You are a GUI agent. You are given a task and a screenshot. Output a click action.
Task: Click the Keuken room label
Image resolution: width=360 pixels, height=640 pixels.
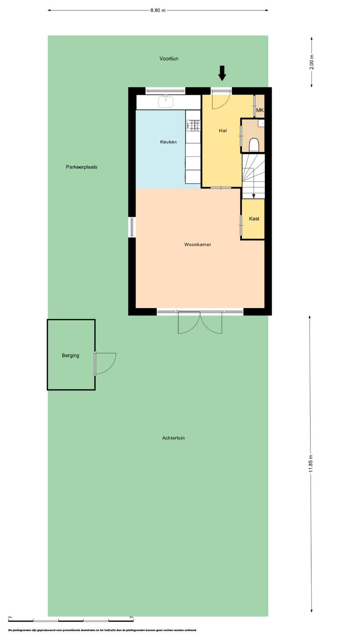(168, 142)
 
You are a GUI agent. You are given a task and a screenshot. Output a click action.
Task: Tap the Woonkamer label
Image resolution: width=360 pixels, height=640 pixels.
(198, 244)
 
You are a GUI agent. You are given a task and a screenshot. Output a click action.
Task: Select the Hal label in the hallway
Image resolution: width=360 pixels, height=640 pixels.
(222, 130)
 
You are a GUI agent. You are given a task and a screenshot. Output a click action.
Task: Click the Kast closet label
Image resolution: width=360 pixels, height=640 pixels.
(254, 218)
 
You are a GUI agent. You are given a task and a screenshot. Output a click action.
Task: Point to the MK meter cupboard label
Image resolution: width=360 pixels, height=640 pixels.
(260, 110)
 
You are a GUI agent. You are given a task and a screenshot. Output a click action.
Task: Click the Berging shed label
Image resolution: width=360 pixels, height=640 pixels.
(70, 356)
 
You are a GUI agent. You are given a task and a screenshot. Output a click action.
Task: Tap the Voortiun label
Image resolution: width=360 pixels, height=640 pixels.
(169, 58)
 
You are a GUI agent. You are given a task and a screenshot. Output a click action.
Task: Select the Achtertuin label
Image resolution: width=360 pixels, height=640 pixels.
(174, 438)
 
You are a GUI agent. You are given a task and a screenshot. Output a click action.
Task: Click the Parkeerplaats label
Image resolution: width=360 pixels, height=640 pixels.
(82, 167)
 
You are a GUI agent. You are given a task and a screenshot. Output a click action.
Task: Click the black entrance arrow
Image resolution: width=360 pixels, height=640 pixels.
(222, 73)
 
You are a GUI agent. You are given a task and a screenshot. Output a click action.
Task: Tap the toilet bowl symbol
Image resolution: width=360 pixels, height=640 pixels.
(254, 145)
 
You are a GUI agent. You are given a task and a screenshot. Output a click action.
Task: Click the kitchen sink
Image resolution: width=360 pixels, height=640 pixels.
(166, 101)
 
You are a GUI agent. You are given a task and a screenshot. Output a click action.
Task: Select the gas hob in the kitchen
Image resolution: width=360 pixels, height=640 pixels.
(194, 126)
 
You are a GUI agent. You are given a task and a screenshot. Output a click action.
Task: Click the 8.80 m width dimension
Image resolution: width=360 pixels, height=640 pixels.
(158, 10)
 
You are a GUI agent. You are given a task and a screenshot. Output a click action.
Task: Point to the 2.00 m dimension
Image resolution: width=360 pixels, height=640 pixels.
(312, 62)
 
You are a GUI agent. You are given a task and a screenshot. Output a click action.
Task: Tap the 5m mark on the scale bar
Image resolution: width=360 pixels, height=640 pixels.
(132, 617)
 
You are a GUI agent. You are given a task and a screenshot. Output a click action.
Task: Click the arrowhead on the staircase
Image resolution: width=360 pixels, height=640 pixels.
(254, 196)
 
